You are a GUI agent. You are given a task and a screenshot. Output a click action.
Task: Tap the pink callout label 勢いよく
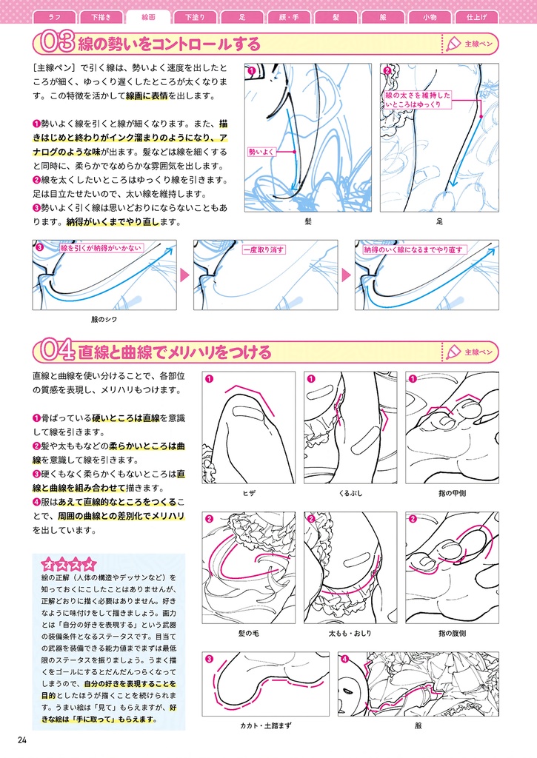coord(262,151)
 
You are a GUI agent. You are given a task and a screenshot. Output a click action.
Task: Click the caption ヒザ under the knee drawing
coord(249,492)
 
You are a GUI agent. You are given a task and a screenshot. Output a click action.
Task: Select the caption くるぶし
coord(350,492)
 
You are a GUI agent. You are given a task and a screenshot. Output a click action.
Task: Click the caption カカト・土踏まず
coord(266,725)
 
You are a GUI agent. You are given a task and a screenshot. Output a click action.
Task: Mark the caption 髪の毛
coord(249,634)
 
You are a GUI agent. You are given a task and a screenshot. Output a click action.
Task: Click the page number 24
coord(21,741)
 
